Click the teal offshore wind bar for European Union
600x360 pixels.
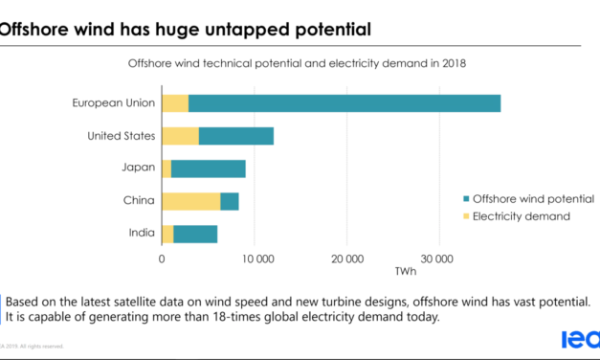point(344,103)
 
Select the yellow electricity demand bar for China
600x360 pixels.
point(190,201)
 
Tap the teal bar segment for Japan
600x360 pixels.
point(208,169)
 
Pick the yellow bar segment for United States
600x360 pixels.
point(180,136)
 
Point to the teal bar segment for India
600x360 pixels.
point(195,234)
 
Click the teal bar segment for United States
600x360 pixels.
point(236,136)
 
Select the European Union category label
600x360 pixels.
point(113,103)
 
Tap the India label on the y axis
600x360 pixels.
point(138,234)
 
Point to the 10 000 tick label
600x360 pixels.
point(254,259)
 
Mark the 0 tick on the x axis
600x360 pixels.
point(162,259)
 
